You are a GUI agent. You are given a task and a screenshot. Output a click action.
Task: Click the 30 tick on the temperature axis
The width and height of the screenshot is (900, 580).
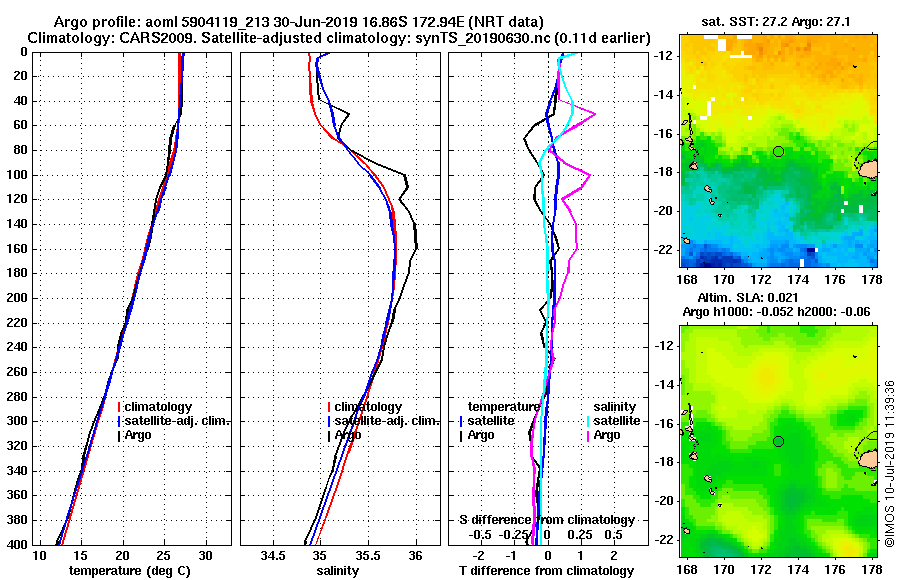point(205,555)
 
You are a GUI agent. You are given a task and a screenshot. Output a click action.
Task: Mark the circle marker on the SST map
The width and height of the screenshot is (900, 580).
point(778,151)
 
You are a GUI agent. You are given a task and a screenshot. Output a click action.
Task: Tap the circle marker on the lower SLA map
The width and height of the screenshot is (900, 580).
point(778,441)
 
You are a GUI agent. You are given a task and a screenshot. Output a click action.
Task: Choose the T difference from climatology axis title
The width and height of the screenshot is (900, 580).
point(546,571)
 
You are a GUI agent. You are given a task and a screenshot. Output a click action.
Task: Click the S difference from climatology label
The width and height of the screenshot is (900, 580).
point(546,520)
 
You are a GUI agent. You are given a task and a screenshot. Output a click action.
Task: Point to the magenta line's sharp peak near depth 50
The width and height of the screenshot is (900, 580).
point(595,114)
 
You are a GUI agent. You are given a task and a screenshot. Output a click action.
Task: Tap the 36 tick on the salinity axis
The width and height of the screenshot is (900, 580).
point(416,555)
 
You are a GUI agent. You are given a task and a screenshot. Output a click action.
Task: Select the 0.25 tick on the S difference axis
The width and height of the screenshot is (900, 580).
point(579,535)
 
